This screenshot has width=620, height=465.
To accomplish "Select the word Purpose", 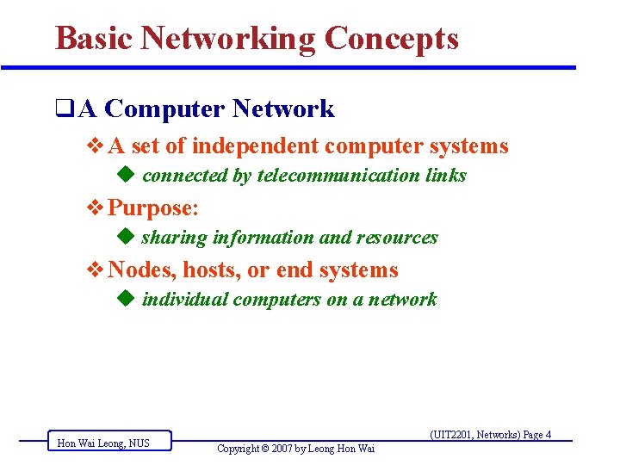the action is click(x=152, y=208).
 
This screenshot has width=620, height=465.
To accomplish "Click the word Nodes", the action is click(x=141, y=270).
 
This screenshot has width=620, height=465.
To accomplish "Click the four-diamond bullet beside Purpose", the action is click(x=96, y=208).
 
